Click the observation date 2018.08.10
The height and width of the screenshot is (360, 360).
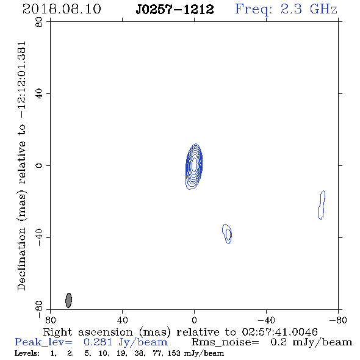coord(62,9)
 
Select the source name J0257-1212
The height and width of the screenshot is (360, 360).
coord(175,9)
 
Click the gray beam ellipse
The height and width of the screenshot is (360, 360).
coord(68,300)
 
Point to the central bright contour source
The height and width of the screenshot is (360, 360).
coord(194,166)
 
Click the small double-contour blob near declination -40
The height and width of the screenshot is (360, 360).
coord(227,234)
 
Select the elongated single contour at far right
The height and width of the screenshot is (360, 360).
coord(322,205)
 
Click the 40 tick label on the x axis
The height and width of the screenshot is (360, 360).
coord(122,320)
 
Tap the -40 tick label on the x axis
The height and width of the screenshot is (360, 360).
coord(266,320)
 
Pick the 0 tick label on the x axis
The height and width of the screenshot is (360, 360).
coord(194,320)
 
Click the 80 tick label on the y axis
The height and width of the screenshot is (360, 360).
coord(39,22)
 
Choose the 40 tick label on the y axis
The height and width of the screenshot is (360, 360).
coord(39,94)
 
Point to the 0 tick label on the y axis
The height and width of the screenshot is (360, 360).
coord(39,165)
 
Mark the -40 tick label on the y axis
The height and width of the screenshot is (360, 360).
coord(39,237)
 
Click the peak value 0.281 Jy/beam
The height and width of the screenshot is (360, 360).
coord(125,342)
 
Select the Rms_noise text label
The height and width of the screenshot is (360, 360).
coord(225,342)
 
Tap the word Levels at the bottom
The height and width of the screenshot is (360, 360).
coord(27,353)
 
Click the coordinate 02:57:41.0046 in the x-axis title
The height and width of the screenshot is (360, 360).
coord(279,332)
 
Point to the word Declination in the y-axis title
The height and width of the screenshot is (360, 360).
coord(21,259)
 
